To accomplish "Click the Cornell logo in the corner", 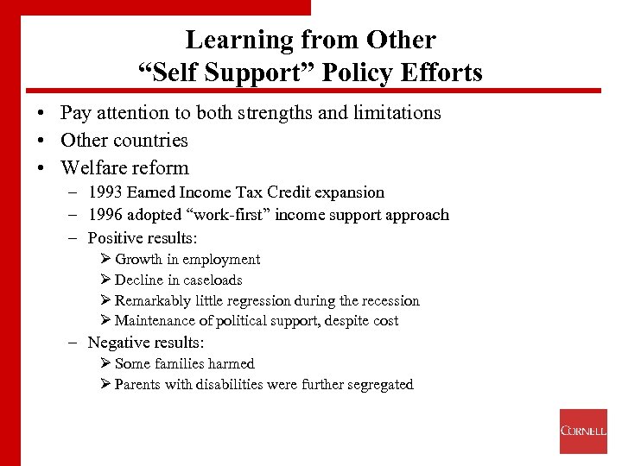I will (583, 431).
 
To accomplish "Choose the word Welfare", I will (95, 168).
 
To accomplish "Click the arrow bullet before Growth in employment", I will (106, 260).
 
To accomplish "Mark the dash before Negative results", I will (74, 343).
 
